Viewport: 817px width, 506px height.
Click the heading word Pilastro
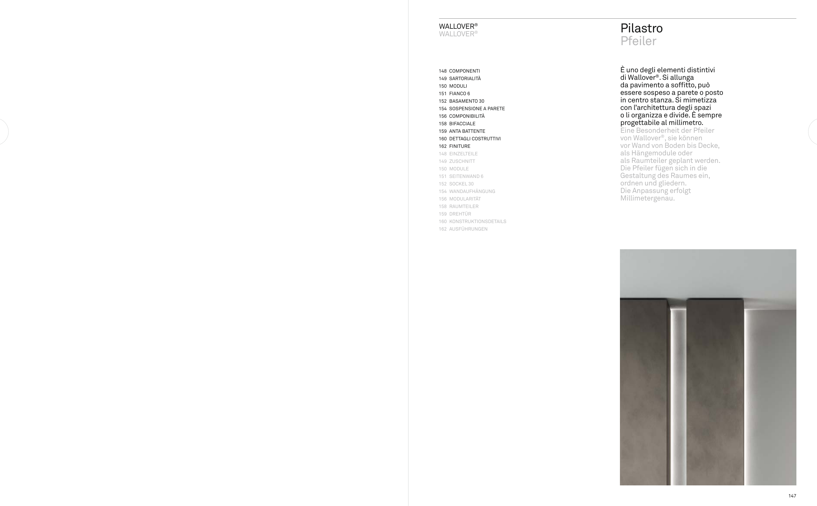point(641,28)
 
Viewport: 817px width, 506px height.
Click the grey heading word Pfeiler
point(638,41)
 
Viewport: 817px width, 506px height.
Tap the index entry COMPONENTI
point(464,71)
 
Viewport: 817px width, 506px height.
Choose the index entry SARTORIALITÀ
point(465,79)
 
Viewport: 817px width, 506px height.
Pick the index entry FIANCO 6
point(459,94)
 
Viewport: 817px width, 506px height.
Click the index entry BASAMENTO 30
point(466,101)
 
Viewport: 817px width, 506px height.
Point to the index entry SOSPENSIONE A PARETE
point(477,109)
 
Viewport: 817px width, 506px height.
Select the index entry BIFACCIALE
point(462,124)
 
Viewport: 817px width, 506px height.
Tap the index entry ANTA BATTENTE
point(467,131)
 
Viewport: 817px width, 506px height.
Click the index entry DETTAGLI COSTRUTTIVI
point(475,139)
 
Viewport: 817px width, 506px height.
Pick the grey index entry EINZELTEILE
point(463,154)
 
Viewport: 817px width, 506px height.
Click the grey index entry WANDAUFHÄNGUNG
point(472,191)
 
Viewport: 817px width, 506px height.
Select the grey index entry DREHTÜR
point(460,214)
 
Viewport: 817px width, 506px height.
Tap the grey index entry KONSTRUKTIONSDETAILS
point(477,221)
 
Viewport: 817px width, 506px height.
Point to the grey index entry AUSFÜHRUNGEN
point(468,229)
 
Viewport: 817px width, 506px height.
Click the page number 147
point(792,496)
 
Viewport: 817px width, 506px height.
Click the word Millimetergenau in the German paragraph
point(647,199)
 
